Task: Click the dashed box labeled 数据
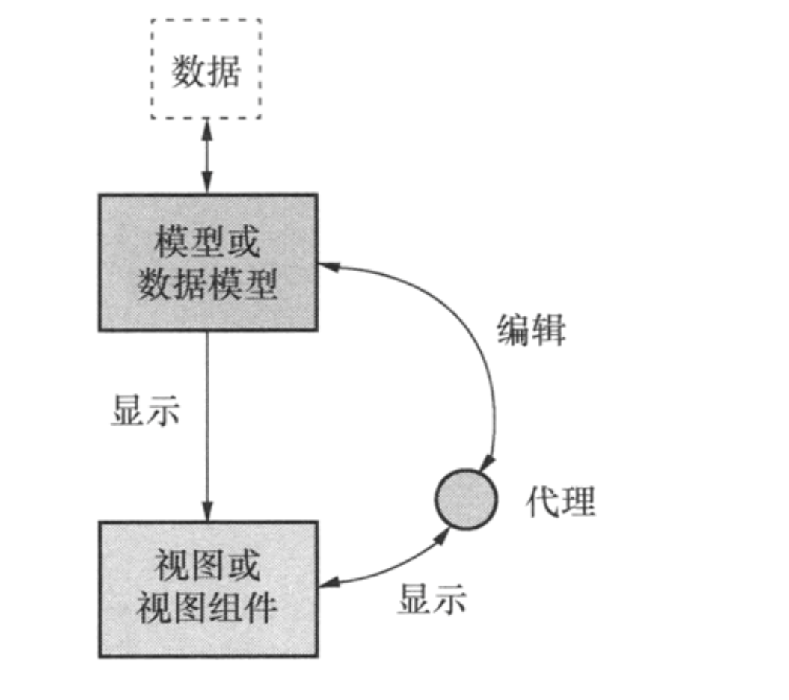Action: point(206,69)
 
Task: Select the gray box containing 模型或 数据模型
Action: point(207,262)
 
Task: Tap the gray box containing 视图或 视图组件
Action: point(207,589)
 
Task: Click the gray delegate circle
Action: point(466,499)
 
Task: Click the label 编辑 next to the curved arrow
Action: point(532,329)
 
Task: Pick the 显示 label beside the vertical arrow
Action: point(146,409)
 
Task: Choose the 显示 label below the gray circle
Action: point(432,598)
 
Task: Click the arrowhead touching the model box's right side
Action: point(327,263)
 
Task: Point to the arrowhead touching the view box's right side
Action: point(328,582)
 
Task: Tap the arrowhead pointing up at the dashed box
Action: point(207,128)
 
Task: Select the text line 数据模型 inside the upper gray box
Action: point(207,285)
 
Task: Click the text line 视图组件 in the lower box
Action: point(207,610)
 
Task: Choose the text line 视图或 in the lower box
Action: point(207,566)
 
